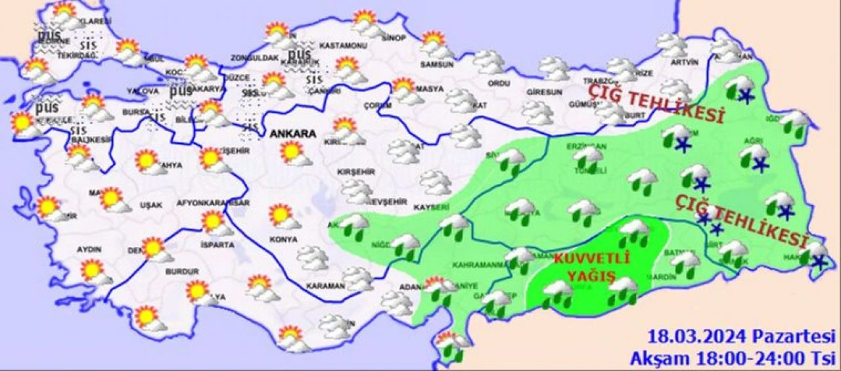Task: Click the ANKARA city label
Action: (x=292, y=134)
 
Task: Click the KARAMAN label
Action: (x=325, y=286)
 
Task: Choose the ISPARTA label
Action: (x=217, y=245)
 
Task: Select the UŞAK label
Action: (x=151, y=205)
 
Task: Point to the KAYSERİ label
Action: (x=432, y=207)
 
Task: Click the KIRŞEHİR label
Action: (x=355, y=171)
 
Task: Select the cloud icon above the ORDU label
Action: (x=489, y=62)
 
